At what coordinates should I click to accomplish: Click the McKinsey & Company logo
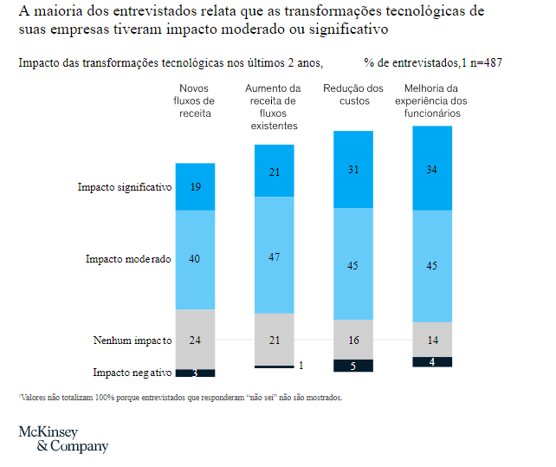pyautogui.click(x=63, y=439)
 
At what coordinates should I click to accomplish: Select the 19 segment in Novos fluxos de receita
pyautogui.click(x=196, y=186)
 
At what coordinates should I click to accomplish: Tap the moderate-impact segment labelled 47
pyautogui.click(x=274, y=256)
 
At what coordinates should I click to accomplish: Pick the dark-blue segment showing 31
pyautogui.click(x=353, y=170)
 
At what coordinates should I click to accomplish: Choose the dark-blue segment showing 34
pyautogui.click(x=431, y=169)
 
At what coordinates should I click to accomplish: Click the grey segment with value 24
pyautogui.click(x=196, y=340)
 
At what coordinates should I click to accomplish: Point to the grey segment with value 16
pyautogui.click(x=353, y=340)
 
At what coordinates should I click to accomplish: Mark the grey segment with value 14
pyautogui.click(x=431, y=340)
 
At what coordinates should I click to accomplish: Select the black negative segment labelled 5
pyautogui.click(x=353, y=366)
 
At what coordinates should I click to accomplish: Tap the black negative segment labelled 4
pyautogui.click(x=431, y=361)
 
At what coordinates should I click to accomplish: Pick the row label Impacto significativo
pyautogui.click(x=125, y=187)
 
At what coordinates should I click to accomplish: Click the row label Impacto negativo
pyautogui.click(x=133, y=373)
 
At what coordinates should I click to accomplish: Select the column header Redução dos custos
pyautogui.click(x=353, y=94)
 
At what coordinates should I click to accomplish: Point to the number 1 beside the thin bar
pyautogui.click(x=301, y=366)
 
